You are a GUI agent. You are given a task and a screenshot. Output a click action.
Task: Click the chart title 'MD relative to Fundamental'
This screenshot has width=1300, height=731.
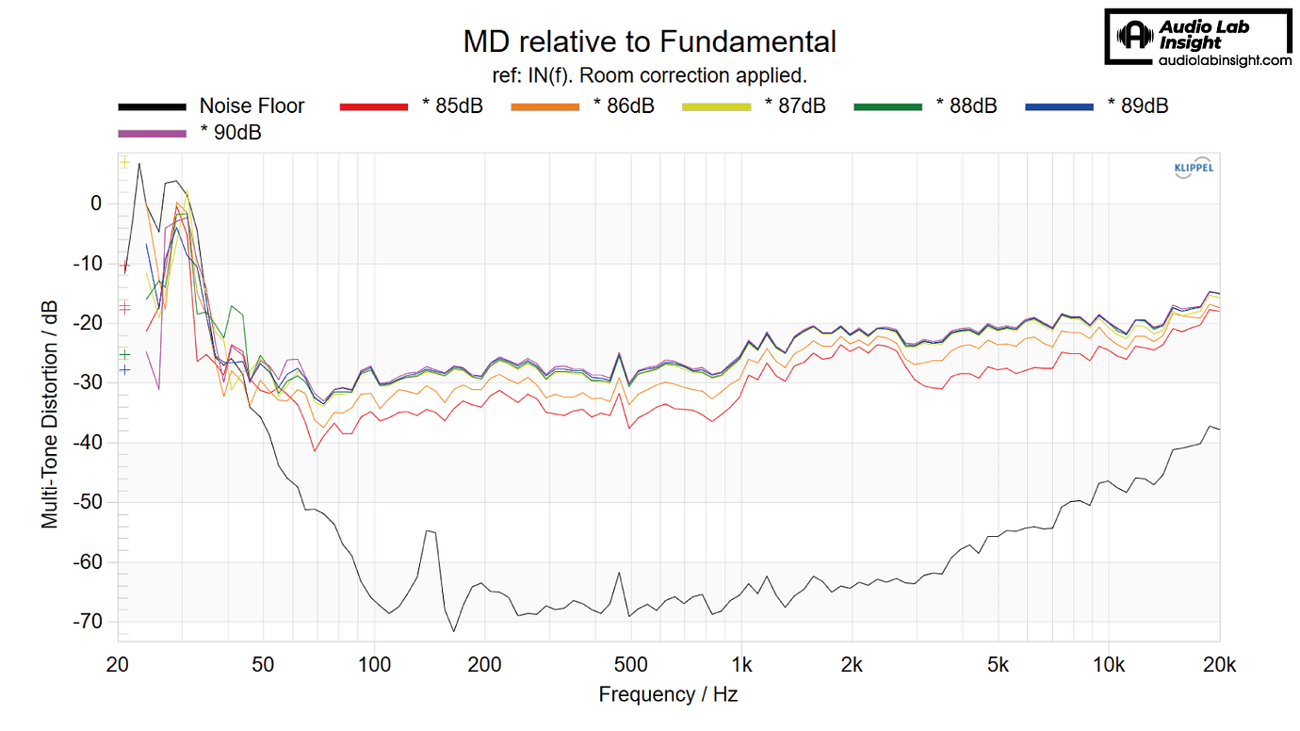(649, 41)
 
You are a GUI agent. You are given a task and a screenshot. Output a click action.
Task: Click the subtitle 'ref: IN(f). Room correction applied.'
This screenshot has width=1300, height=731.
(649, 74)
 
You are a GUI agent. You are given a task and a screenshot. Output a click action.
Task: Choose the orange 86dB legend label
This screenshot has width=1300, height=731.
(624, 106)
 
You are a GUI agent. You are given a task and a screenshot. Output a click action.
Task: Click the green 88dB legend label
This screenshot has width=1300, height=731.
(967, 106)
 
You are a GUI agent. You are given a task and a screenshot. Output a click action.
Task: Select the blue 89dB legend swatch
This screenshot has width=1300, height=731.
(1059, 106)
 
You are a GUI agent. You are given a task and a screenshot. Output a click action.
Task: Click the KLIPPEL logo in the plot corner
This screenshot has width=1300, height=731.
(1193, 169)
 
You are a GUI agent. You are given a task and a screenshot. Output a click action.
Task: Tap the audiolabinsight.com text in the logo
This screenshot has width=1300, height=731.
(1224, 60)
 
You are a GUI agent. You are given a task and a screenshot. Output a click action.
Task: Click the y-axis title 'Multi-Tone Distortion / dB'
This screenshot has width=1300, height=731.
(49, 414)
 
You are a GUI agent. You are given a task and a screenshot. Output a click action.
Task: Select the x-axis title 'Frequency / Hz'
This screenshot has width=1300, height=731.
(668, 695)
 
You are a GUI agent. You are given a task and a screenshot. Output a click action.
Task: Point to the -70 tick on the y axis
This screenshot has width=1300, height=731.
(89, 622)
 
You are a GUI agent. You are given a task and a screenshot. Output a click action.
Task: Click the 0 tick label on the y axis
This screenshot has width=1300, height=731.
(96, 203)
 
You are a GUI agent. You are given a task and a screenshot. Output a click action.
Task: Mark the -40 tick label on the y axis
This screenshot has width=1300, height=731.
(89, 443)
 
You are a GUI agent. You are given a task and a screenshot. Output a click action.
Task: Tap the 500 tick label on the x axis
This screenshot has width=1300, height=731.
(630, 664)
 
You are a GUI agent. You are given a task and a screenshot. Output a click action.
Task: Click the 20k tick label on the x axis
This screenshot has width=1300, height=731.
(1219, 664)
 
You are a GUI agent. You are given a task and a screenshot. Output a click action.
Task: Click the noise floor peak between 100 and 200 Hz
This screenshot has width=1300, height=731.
(429, 531)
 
